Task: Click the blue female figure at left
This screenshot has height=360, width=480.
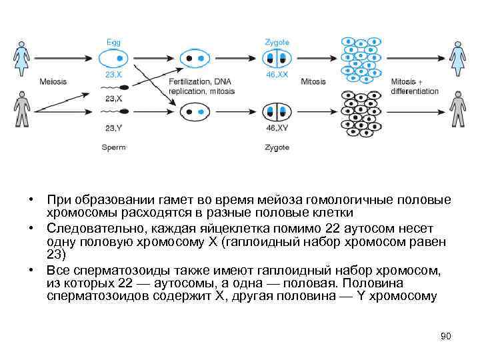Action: tap(21, 58)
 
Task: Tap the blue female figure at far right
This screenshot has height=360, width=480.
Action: tap(457, 58)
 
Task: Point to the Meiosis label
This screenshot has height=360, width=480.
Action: tap(53, 82)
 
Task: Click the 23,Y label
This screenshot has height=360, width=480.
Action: tap(113, 127)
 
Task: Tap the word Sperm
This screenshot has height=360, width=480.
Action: tap(113, 147)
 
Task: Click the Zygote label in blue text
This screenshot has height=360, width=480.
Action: tap(277, 42)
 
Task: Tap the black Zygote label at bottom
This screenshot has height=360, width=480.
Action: tap(277, 147)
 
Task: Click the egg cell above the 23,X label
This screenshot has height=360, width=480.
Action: tap(113, 58)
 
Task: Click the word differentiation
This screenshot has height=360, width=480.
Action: tap(415, 91)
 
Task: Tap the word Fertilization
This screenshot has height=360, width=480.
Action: tap(185, 82)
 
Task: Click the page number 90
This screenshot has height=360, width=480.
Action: tap(446, 336)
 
